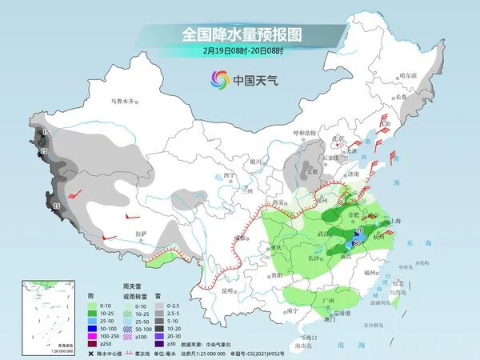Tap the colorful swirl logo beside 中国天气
click(x=219, y=79)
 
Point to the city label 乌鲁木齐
click(x=124, y=102)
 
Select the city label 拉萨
click(x=142, y=234)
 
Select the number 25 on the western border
click(x=57, y=206)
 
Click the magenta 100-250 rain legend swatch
click(x=94, y=328)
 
